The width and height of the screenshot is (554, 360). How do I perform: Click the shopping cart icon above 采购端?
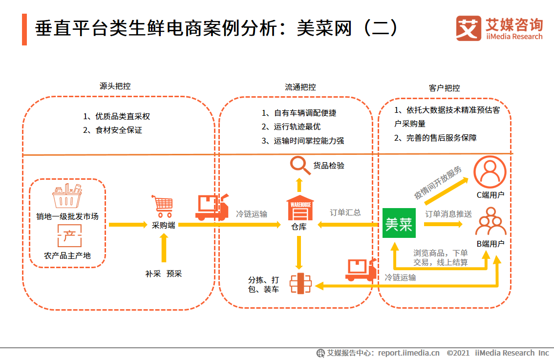[163, 206]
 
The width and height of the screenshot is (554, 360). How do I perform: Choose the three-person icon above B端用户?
[490, 222]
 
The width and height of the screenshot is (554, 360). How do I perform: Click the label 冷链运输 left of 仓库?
[252, 214]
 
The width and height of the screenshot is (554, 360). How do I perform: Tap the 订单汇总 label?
[345, 212]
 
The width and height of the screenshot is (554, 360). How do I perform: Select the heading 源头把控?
[115, 86]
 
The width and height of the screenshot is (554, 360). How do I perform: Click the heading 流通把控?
[300, 87]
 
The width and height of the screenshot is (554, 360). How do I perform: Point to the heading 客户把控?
[444, 88]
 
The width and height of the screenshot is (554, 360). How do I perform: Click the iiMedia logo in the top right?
[499, 28]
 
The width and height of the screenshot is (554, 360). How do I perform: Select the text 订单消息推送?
[448, 214]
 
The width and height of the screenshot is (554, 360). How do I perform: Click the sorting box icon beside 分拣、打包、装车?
[300, 283]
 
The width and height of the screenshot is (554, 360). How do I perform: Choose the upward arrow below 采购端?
[163, 249]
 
